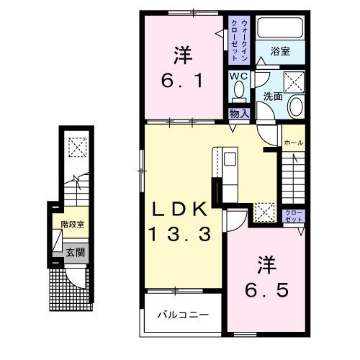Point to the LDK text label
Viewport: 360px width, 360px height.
click(179, 209)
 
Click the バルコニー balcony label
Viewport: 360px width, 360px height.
click(184, 315)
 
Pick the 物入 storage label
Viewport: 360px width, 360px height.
click(238, 113)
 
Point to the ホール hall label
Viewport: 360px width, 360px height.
click(294, 143)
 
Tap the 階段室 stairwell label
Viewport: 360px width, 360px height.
click(72, 224)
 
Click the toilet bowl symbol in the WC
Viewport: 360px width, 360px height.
click(240, 91)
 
